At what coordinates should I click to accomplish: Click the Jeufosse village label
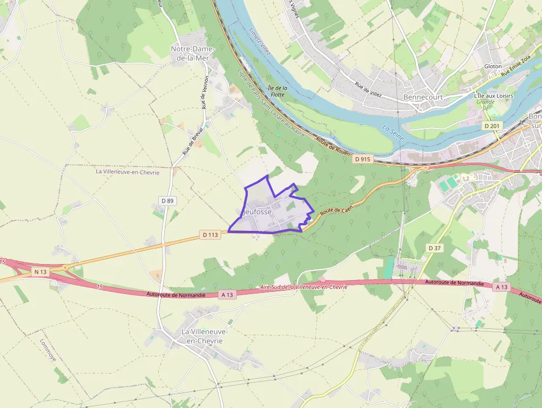257,211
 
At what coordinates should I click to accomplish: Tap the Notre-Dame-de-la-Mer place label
192,53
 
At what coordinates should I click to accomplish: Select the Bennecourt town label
424,97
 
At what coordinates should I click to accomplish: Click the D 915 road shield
362,159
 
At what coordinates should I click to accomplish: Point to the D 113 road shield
211,235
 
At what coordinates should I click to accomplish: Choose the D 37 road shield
435,248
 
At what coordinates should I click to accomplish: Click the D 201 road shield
493,126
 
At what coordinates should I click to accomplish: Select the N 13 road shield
40,271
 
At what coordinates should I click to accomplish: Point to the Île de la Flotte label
278,91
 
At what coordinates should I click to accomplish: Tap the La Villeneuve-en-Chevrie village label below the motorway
205,336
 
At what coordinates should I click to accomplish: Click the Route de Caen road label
337,210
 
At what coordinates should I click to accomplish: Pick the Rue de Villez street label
369,90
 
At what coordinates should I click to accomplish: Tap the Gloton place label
493,66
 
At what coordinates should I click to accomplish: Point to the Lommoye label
48,350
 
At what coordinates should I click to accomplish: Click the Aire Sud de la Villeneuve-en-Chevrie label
304,287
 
